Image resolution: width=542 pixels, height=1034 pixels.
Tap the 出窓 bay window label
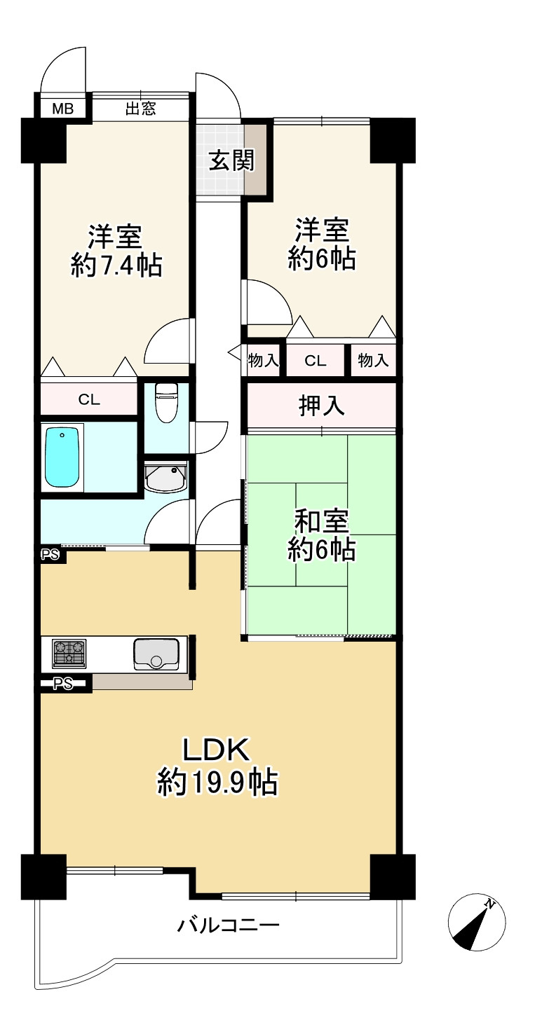[140, 109]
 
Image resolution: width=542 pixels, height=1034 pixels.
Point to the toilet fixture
[165, 404]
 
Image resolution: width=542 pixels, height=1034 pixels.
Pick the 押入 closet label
[322, 406]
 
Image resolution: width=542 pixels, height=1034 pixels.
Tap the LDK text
[217, 750]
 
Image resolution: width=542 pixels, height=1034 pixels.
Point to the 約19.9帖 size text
[217, 782]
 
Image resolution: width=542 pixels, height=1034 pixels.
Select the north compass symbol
[477, 923]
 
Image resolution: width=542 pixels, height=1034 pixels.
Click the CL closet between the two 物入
[316, 361]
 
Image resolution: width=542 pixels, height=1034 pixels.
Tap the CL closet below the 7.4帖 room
[89, 400]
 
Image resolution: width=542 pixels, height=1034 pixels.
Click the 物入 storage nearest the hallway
[264, 361]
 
